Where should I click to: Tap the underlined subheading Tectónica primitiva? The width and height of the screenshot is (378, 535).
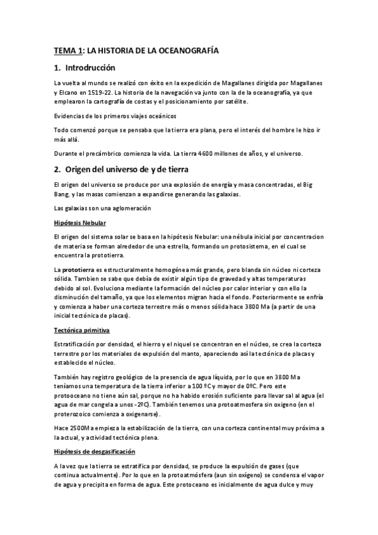[83, 330]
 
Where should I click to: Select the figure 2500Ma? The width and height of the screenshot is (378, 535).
[76, 428]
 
